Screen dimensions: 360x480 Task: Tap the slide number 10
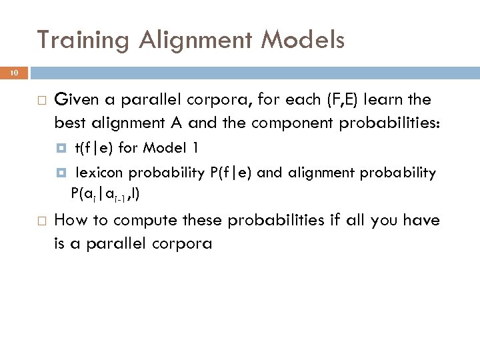click(15, 73)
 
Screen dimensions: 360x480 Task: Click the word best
click(69, 122)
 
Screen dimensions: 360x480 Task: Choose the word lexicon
click(99, 173)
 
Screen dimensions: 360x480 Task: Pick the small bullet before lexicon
click(62, 173)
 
